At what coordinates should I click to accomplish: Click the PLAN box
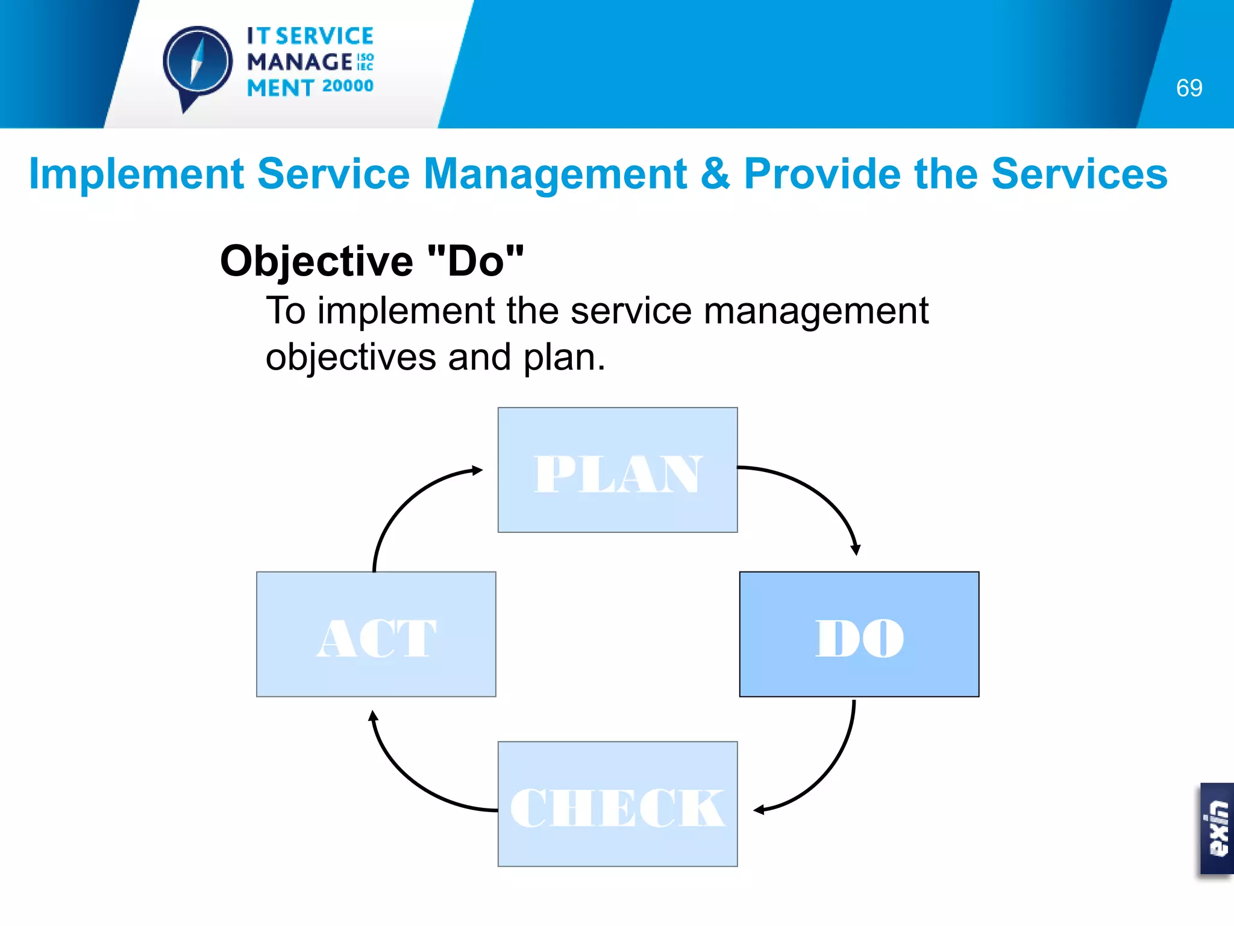click(618, 470)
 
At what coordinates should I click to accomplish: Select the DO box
click(859, 634)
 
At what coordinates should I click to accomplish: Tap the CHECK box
click(618, 804)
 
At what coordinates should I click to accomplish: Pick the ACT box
click(376, 634)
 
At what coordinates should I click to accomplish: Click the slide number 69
click(1189, 88)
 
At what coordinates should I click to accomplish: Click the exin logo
click(1217, 828)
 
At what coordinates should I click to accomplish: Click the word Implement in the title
click(136, 174)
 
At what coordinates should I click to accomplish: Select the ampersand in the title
click(715, 174)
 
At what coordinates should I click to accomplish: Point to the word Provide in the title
click(823, 174)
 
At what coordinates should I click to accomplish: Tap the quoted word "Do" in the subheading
click(475, 261)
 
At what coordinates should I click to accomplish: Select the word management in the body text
click(816, 311)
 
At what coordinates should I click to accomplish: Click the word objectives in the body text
click(351, 357)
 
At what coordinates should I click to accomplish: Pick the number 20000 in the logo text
click(348, 86)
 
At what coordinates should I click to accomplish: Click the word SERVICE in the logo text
click(324, 36)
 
